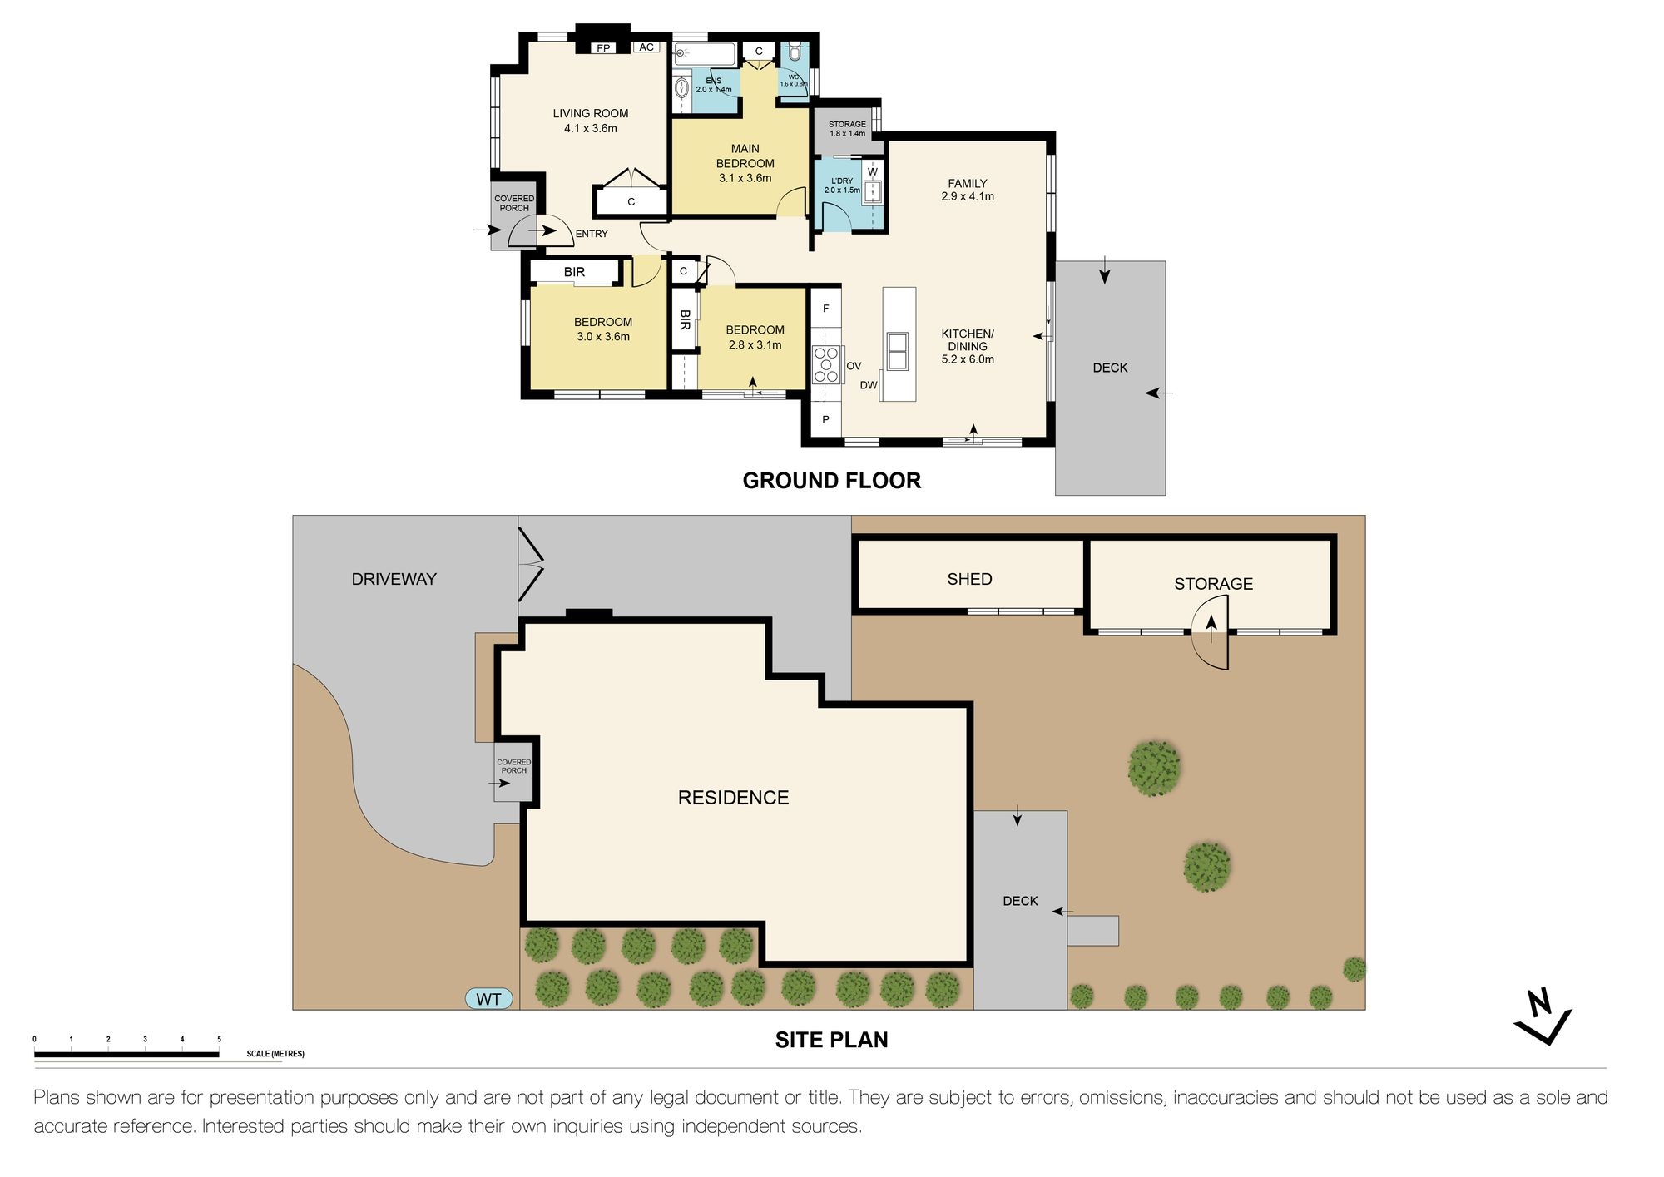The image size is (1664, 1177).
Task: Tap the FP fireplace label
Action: pyautogui.click(x=603, y=48)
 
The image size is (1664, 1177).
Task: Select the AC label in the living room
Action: pyautogui.click(x=646, y=47)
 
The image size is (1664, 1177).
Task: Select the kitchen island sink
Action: pyautogui.click(x=898, y=350)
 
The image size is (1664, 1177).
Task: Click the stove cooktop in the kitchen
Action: pyautogui.click(x=827, y=364)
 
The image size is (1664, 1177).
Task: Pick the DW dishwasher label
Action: pyautogui.click(x=869, y=385)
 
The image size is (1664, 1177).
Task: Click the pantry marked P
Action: pyautogui.click(x=825, y=420)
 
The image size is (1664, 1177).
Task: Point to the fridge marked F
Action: pyautogui.click(x=826, y=309)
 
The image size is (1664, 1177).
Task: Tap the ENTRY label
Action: pyautogui.click(x=592, y=234)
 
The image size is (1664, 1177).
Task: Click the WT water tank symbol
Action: pyautogui.click(x=488, y=999)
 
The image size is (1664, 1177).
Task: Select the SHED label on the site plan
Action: pyautogui.click(x=969, y=579)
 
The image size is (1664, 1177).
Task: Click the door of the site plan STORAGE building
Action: pyautogui.click(x=1210, y=635)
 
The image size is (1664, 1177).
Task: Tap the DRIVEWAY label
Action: pyautogui.click(x=394, y=579)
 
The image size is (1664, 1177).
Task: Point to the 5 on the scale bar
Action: pyautogui.click(x=219, y=1039)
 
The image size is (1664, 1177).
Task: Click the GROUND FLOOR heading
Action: pyautogui.click(x=832, y=481)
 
